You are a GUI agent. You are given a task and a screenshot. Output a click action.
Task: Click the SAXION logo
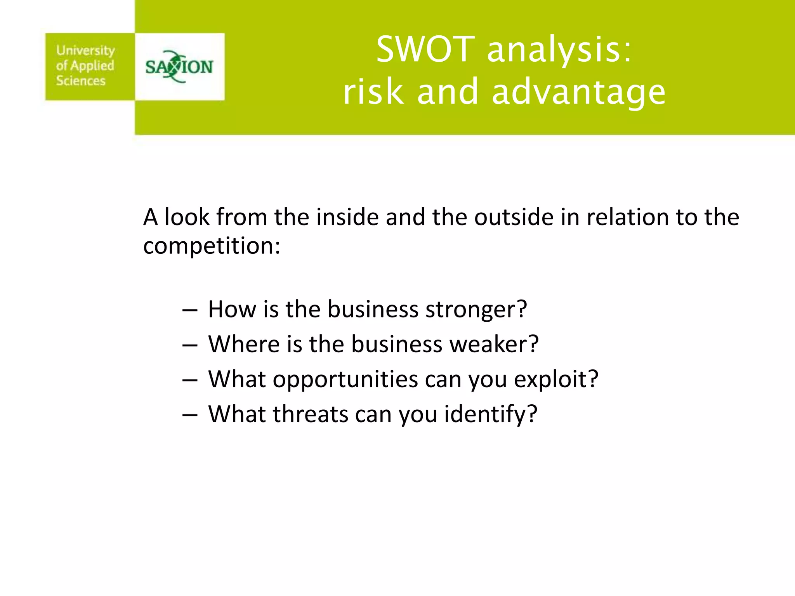click(179, 67)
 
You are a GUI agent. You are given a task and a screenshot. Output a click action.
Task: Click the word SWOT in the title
click(425, 49)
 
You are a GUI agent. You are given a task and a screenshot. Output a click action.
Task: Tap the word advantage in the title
click(578, 92)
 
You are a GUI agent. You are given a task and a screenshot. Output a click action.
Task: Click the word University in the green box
click(85, 50)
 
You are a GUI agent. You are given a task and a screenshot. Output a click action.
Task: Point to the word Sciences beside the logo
click(81, 81)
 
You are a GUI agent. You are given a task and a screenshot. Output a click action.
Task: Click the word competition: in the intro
click(212, 246)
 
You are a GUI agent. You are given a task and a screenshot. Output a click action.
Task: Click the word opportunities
click(345, 379)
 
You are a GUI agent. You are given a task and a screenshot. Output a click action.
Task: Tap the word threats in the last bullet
click(310, 414)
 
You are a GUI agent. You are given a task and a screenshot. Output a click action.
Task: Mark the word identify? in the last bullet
click(491, 414)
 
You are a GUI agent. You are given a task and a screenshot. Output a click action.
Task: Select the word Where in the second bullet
click(244, 344)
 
